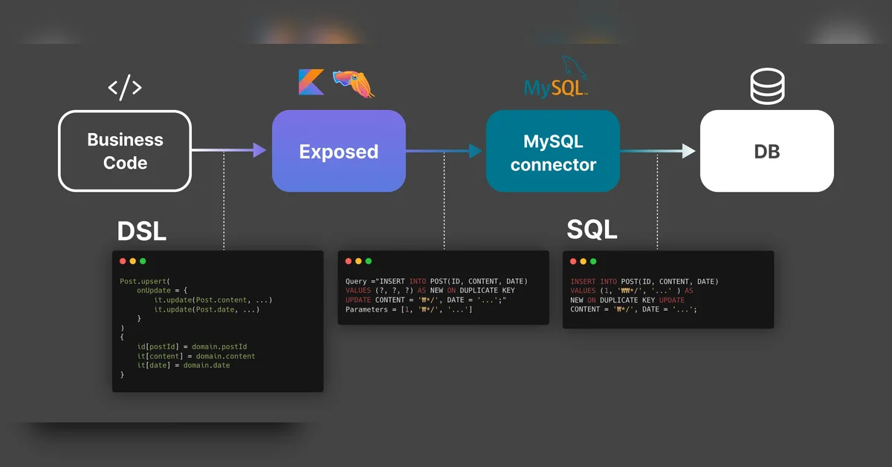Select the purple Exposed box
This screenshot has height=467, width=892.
pos(339,151)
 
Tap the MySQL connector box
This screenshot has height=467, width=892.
pos(553,151)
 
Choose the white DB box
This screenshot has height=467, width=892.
pos(767,151)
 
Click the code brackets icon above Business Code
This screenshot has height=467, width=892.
pos(125,87)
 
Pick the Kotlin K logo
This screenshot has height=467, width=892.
pos(311,82)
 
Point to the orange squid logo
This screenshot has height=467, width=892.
pos(353,84)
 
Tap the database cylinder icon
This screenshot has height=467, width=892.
pos(767,86)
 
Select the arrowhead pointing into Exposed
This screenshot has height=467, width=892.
pos(259,150)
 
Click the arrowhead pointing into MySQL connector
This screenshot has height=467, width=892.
pos(476,151)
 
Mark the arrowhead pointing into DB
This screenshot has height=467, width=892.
pos(689,151)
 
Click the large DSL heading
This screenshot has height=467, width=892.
pos(142,231)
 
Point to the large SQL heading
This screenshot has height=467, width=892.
pos(592,230)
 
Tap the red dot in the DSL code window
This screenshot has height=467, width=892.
pos(123,261)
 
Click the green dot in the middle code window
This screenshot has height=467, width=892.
pos(369,261)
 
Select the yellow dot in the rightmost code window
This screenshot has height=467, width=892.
pos(583,262)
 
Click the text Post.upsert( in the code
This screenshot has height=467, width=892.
pos(145,281)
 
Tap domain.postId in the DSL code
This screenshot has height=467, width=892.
pos(219,347)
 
